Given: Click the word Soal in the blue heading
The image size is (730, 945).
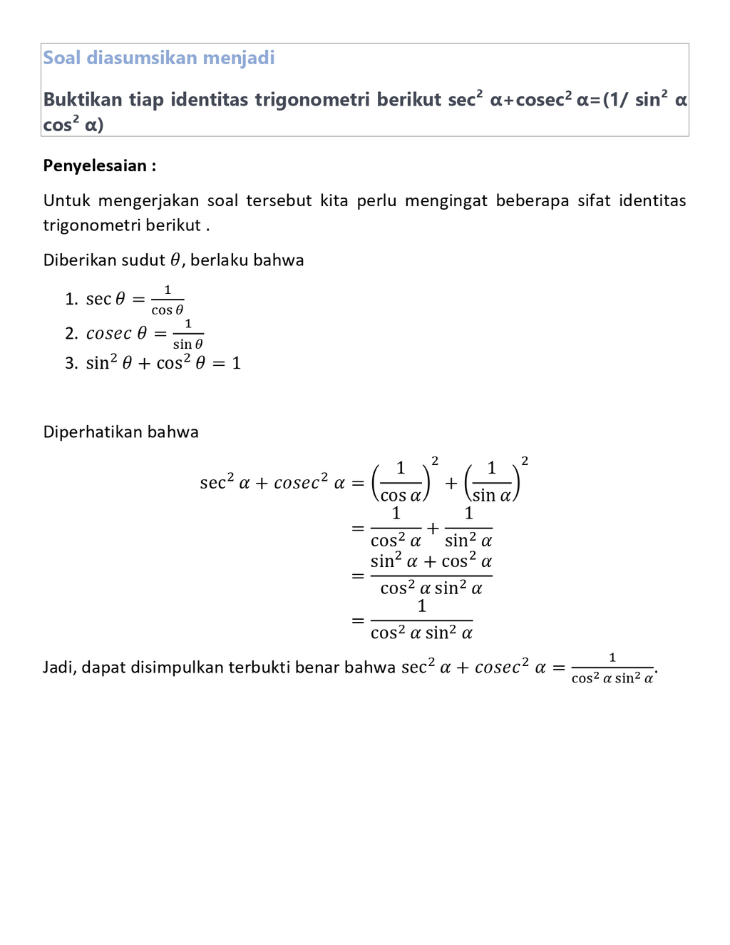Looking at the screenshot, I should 62,58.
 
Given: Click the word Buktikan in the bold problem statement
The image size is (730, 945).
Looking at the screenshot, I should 83,99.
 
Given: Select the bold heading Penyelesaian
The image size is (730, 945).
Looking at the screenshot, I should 95,166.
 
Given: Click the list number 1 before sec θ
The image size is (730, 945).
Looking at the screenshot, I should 70,299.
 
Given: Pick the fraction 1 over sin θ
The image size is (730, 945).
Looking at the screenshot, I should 188,334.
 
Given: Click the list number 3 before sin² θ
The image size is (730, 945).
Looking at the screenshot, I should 70,363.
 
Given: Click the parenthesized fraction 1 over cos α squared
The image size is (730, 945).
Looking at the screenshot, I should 403,481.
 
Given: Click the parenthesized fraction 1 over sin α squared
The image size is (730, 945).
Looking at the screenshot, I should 494,481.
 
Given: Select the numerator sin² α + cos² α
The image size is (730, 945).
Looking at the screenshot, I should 431,561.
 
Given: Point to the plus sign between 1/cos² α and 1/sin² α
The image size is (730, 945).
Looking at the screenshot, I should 433,529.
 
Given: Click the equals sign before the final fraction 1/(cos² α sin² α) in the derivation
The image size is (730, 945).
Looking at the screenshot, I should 358,620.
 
